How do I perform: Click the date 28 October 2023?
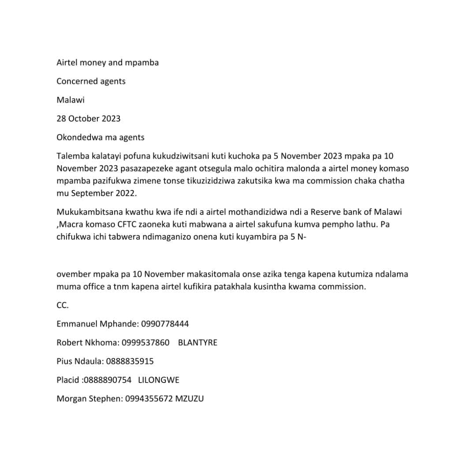(x=88, y=119)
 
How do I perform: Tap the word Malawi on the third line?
(x=71, y=100)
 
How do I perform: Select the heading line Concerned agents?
(x=91, y=81)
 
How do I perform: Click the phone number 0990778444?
(x=165, y=324)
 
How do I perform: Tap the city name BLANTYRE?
(x=197, y=342)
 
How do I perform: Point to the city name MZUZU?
(x=190, y=399)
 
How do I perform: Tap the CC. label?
(x=63, y=305)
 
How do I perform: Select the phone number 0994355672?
(x=149, y=399)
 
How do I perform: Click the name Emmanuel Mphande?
(x=97, y=324)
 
